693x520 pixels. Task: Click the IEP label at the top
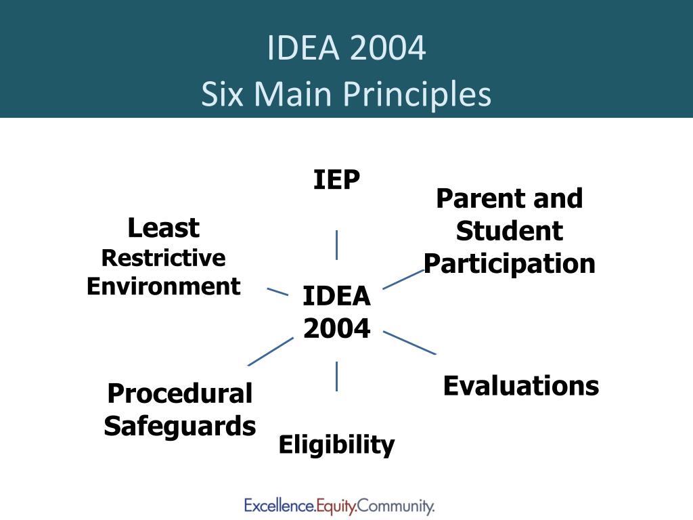(336, 179)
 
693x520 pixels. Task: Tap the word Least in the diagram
(164, 227)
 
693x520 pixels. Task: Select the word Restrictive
(164, 258)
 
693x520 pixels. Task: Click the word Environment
(164, 286)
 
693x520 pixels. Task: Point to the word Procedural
(180, 393)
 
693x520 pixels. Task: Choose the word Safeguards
(180, 426)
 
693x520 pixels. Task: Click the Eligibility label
(336, 444)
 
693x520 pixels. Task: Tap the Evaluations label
(521, 385)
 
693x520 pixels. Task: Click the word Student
(510, 231)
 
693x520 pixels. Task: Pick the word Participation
(510, 264)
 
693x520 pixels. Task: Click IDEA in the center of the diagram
(336, 296)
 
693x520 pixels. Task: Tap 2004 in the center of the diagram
(336, 328)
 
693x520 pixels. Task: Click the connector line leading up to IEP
(337, 245)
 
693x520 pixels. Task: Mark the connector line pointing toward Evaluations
(409, 343)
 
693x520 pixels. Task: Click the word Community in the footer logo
(395, 506)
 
